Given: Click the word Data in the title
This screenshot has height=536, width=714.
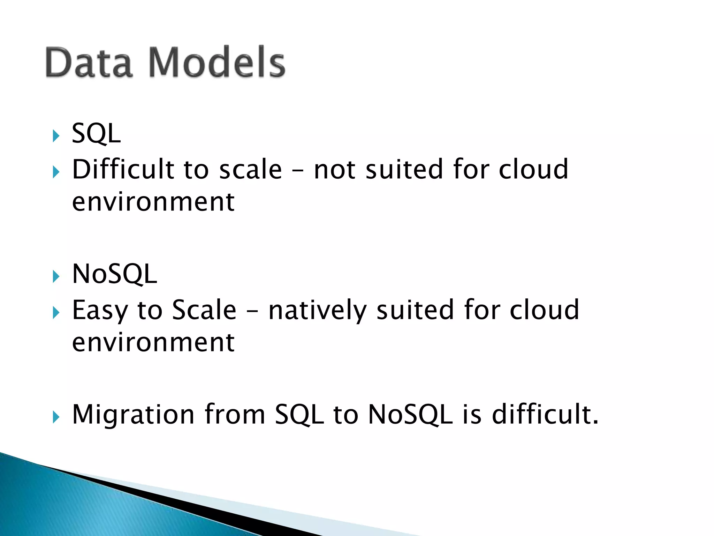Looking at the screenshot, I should [x=89, y=63].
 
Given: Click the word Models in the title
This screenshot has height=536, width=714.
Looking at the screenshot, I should [x=217, y=63].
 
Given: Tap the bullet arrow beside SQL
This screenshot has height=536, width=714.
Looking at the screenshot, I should [x=56, y=136].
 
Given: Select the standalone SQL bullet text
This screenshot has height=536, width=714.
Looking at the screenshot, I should [x=96, y=134].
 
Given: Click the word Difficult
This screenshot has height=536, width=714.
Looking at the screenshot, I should [x=123, y=169].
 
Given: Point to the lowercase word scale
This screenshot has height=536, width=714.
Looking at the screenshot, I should [x=250, y=170].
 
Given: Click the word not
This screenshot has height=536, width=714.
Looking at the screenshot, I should [x=335, y=170].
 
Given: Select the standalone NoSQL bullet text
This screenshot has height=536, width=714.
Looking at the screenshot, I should [x=114, y=274].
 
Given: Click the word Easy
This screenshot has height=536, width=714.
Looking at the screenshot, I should [x=100, y=311].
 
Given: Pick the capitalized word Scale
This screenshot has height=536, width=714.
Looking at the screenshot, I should [x=204, y=310].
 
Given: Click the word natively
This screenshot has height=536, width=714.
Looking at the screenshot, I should [x=317, y=311].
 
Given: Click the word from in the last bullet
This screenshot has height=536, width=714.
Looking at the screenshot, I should [x=235, y=415].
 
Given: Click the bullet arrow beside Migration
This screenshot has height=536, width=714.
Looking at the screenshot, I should [x=56, y=417].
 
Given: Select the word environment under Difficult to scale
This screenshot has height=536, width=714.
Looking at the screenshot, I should [x=153, y=202].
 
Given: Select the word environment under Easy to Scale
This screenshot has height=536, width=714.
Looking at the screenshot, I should [x=153, y=343].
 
